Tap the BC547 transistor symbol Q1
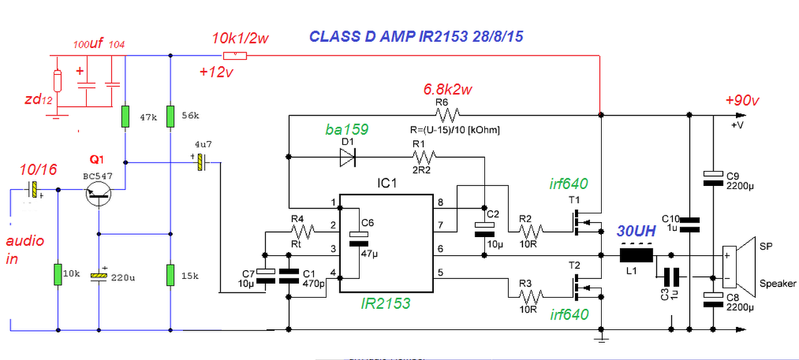point(99,195)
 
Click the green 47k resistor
point(125,117)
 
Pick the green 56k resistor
point(170,117)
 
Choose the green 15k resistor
point(170,274)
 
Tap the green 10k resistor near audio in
point(57,274)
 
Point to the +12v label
point(216,72)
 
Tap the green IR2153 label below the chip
point(386,304)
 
